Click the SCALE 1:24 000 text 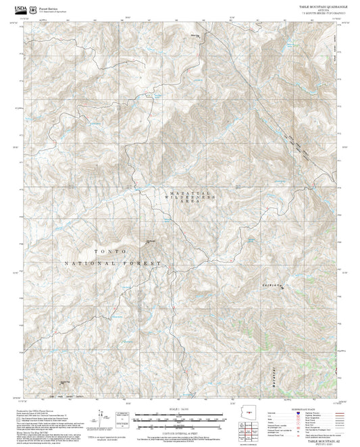[x=180, y=409]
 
